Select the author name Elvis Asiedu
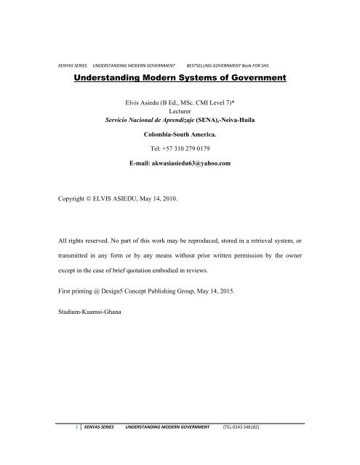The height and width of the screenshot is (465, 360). [x=145, y=104]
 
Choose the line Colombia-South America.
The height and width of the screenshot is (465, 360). [x=179, y=134]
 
